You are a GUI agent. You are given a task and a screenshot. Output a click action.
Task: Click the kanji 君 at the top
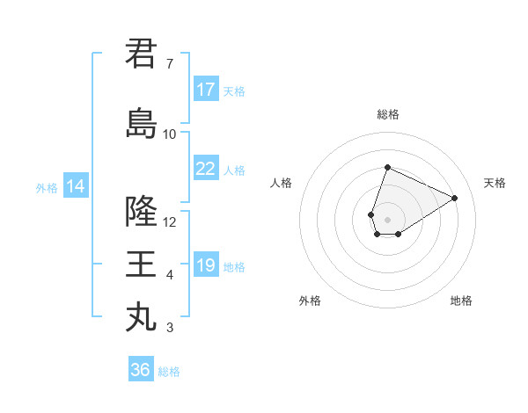(141, 54)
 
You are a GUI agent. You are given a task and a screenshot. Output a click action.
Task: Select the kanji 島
(141, 124)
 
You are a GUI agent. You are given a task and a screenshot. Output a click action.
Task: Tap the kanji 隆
(141, 212)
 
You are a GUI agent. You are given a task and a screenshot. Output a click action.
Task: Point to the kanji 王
(141, 264)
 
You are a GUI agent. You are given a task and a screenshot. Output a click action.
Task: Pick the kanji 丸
(141, 316)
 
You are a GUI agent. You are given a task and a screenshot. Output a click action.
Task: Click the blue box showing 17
(206, 90)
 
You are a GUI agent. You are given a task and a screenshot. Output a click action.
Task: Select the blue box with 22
(206, 169)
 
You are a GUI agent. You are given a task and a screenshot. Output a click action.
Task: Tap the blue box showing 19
(206, 265)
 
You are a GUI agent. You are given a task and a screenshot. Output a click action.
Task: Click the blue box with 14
(75, 186)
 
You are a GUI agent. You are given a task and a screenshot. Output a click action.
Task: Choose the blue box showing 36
(141, 370)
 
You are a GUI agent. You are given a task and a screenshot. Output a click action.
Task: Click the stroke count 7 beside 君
(169, 64)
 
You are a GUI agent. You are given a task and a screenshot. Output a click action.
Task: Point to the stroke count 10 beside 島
(169, 134)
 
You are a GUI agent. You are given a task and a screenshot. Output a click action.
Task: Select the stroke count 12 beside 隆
(170, 221)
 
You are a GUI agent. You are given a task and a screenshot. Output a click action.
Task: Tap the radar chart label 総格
(387, 114)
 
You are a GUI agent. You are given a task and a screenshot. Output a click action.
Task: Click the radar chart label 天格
(495, 183)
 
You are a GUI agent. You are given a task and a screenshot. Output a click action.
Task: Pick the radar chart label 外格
(310, 301)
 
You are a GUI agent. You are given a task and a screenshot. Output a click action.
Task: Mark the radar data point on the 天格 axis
(454, 198)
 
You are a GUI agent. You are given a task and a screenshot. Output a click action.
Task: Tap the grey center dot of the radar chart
(387, 219)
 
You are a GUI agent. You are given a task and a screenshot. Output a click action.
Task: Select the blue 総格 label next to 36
(169, 372)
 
